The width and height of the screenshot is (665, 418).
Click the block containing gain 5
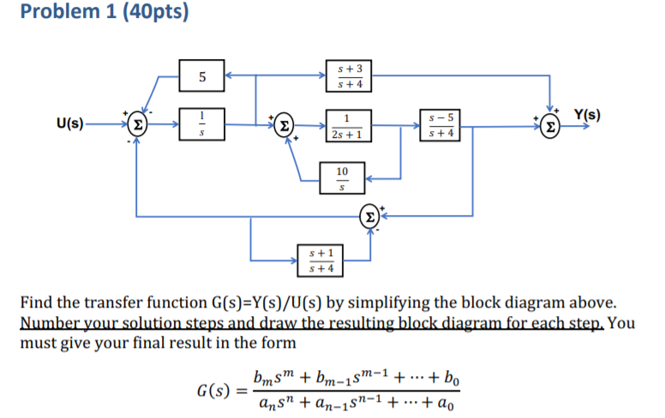201,77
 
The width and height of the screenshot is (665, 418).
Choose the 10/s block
343,179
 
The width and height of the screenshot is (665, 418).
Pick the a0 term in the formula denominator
459,404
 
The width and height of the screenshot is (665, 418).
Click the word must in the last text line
39,343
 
